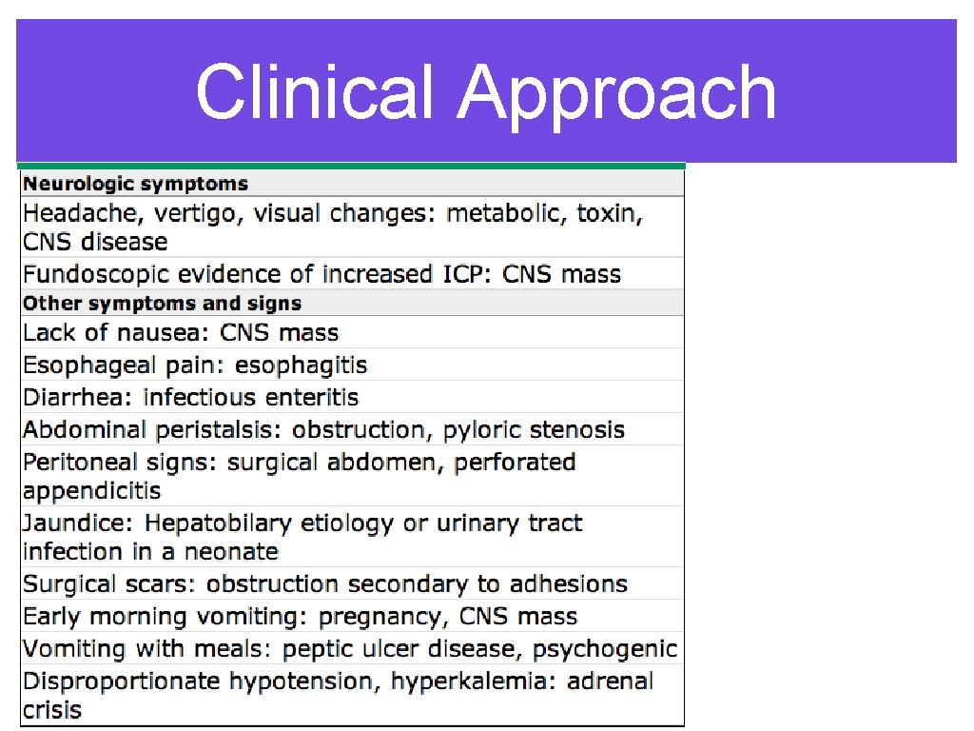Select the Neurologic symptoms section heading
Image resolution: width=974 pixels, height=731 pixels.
[135, 184]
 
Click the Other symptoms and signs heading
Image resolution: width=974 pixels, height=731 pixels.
[162, 304]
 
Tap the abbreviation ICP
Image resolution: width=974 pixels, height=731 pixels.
[466, 274]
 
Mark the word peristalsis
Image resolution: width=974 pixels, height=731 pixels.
[214, 429]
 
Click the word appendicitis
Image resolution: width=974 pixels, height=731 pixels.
[91, 491]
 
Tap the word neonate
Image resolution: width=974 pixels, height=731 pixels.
[231, 552]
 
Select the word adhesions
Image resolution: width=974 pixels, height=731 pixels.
[569, 583]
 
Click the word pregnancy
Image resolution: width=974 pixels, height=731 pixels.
[380, 617]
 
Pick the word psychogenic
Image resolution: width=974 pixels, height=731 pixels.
[605, 649]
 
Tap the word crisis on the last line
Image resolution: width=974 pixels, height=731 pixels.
[51, 710]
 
